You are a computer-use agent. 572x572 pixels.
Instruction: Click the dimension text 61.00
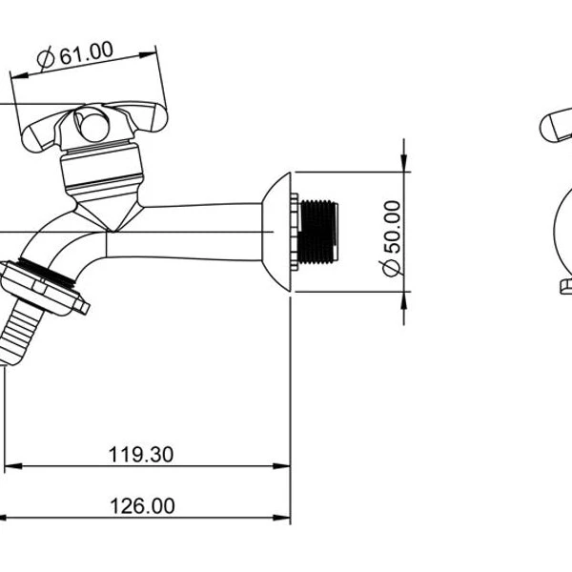click(87, 54)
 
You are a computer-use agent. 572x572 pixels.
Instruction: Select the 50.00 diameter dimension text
click(392, 238)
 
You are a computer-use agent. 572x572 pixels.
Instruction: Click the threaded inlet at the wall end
click(317, 231)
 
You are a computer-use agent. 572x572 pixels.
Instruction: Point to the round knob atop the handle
click(92, 124)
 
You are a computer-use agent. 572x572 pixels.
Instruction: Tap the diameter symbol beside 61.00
click(46, 60)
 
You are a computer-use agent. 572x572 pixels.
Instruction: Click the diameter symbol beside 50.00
click(392, 270)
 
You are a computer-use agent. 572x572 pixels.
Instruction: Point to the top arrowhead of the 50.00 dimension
click(405, 165)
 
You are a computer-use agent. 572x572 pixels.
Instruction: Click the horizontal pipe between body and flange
click(191, 231)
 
